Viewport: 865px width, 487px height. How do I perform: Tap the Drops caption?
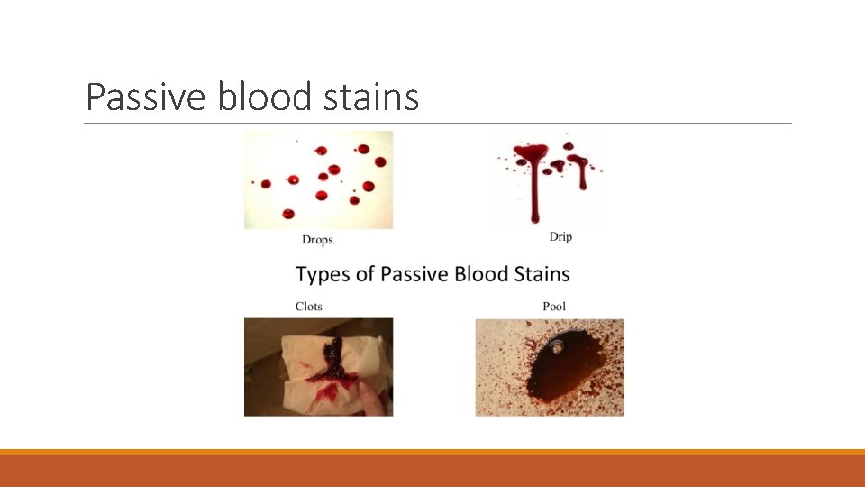point(317,240)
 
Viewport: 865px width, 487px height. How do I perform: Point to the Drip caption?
point(560,237)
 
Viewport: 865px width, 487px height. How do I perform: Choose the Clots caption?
point(309,307)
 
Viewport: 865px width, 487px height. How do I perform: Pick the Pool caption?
point(554,307)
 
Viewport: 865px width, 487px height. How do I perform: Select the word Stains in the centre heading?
point(541,273)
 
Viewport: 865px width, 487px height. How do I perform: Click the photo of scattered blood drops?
point(318,179)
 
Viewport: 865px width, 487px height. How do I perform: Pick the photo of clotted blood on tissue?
point(318,366)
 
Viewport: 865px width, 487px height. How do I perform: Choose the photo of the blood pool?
point(550,367)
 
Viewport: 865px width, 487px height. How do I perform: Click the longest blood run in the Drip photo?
point(534,194)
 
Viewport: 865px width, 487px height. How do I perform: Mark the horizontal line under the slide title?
point(438,124)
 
